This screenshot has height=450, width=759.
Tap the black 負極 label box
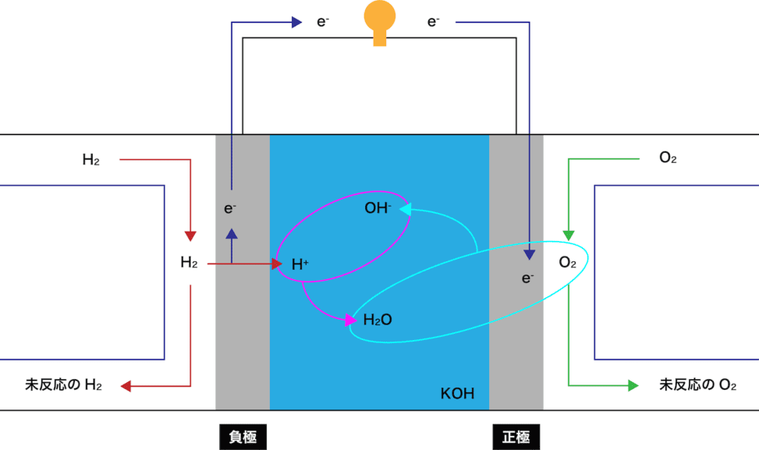[243, 437]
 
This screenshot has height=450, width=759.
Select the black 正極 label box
[516, 437]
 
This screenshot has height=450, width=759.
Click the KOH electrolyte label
[457, 393]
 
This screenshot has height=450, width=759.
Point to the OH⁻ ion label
[378, 208]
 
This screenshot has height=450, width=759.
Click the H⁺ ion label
[300, 264]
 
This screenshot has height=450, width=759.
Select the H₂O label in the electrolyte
[378, 319]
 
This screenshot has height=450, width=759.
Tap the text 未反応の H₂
[63, 385]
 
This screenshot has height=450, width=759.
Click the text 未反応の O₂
[697, 385]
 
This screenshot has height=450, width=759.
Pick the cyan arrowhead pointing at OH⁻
[405, 209]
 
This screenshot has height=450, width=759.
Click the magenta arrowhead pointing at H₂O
[351, 320]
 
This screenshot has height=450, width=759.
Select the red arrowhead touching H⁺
[277, 264]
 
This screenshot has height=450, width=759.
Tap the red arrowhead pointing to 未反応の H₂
[126, 386]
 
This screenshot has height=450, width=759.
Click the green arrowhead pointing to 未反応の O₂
[633, 385]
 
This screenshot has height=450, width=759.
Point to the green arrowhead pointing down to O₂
[569, 236]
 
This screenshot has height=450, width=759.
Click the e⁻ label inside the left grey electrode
[230, 208]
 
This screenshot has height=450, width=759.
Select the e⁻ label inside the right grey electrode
[527, 278]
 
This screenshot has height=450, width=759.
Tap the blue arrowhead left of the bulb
[296, 23]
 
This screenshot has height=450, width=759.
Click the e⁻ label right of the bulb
[433, 22]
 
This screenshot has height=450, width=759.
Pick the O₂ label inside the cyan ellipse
[567, 262]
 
